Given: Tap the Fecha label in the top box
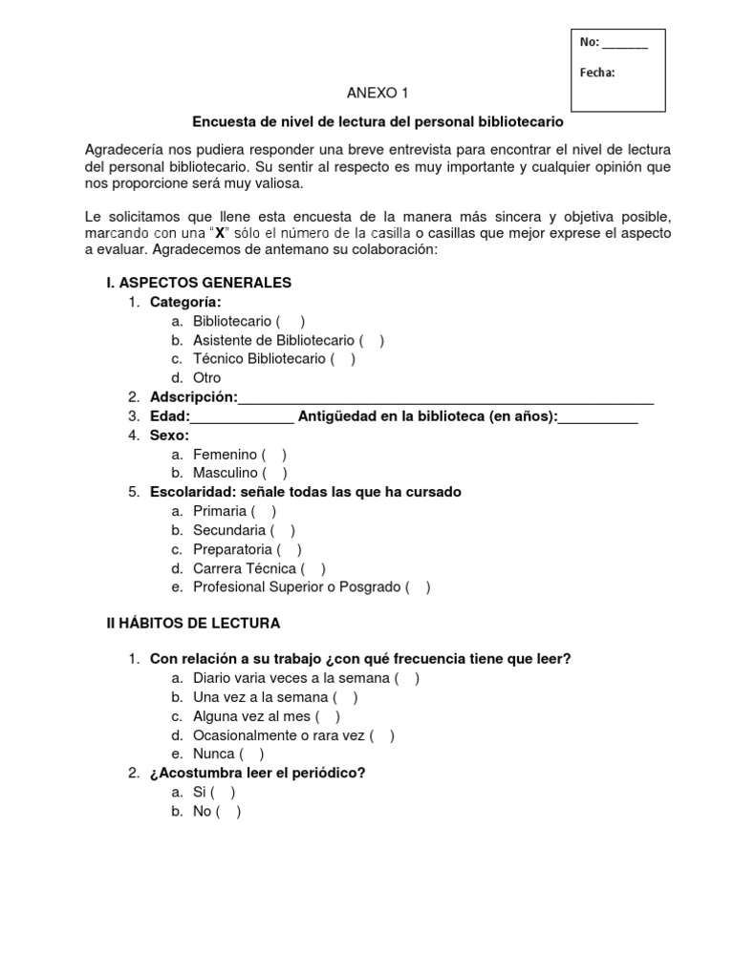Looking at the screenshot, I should pyautogui.click(x=597, y=72).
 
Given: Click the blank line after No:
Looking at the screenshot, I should pyautogui.click(x=626, y=44).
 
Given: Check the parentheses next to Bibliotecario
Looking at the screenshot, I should pyautogui.click(x=291, y=322).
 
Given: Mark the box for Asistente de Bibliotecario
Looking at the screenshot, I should pyautogui.click(x=372, y=340).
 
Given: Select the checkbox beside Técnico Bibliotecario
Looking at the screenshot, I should pyautogui.click(x=343, y=359).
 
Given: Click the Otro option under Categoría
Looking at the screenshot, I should pyautogui.click(x=206, y=378).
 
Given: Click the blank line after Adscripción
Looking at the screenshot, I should pyautogui.click(x=445, y=397).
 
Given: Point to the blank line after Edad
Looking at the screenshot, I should pyautogui.click(x=243, y=416).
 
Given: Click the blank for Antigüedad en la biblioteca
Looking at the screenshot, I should pyautogui.click(x=597, y=416).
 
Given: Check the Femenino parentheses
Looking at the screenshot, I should pyautogui.click(x=274, y=455).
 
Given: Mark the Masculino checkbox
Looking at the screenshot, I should pyautogui.click(x=274, y=473).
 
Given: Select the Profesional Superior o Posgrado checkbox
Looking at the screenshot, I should pyautogui.click(x=418, y=587).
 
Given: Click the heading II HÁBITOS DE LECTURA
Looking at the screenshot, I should pyautogui.click(x=193, y=623).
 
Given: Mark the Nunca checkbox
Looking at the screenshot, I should pyautogui.click(x=252, y=754).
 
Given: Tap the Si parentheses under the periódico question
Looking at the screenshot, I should pyautogui.click(x=223, y=792).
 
